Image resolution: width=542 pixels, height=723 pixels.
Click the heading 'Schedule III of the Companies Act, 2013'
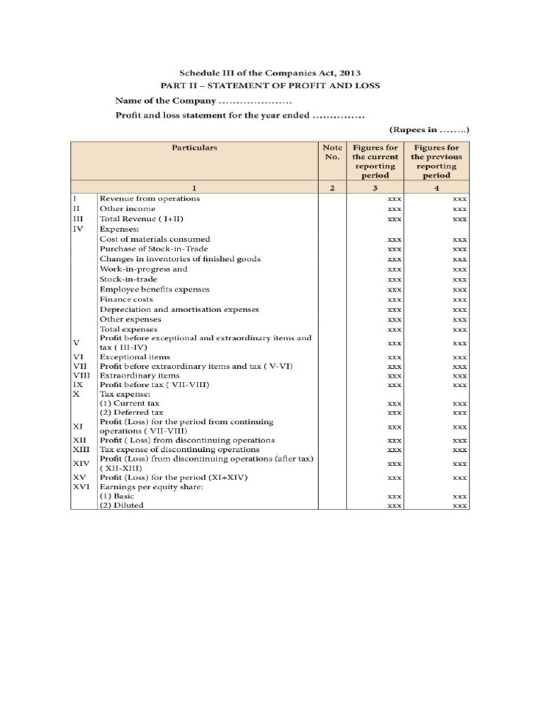coord(270,73)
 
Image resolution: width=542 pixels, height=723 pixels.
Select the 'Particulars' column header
coord(194,148)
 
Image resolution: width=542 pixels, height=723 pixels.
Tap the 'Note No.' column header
coord(332,153)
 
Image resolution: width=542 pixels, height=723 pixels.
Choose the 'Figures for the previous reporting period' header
coord(436,162)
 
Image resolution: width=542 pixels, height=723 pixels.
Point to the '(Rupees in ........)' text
coord(429,130)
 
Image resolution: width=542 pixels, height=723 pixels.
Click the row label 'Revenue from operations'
coord(150,198)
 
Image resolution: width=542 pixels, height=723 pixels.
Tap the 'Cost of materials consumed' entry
coord(155,239)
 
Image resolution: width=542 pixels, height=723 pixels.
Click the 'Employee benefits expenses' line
coord(155,289)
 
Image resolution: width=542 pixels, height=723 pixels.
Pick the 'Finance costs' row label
coord(126,299)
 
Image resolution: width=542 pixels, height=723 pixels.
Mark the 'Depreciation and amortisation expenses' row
coord(179,309)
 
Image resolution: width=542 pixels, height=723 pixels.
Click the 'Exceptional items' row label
coord(135,357)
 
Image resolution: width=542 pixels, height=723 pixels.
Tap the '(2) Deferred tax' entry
coord(131,412)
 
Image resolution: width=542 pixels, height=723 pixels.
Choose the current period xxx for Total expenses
coord(395,330)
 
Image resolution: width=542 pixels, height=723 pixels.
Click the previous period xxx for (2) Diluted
coord(459,506)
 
